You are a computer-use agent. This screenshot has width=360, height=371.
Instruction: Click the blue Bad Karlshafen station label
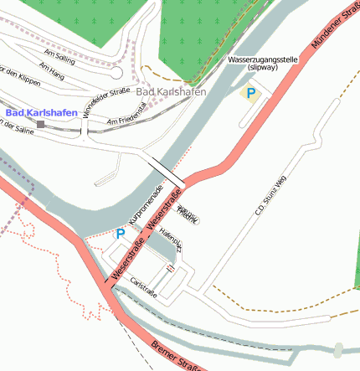[x=41, y=112]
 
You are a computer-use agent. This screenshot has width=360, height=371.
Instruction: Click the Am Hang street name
[x=52, y=75]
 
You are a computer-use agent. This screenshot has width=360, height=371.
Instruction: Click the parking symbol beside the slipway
[x=249, y=93]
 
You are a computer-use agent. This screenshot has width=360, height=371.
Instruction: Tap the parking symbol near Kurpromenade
[x=119, y=234]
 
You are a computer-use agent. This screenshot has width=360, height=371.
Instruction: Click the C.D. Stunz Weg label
[x=271, y=194]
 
